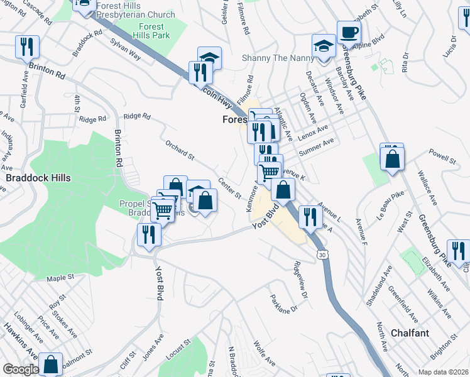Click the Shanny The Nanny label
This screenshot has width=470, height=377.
pos(276,58)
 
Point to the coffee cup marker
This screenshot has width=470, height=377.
pos(349,32)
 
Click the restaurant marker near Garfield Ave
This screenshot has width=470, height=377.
pos(28,47)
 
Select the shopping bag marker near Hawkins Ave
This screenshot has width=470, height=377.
pos(51,363)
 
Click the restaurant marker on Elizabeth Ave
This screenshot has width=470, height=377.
pos(459,251)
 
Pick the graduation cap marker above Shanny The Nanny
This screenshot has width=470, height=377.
pos(324,46)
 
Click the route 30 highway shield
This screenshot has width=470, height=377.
pos(322,255)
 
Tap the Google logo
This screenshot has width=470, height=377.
pos(20,369)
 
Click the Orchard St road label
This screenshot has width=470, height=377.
pos(180,150)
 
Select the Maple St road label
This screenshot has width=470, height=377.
pos(60,277)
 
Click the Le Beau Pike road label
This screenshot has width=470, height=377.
pos(389,216)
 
